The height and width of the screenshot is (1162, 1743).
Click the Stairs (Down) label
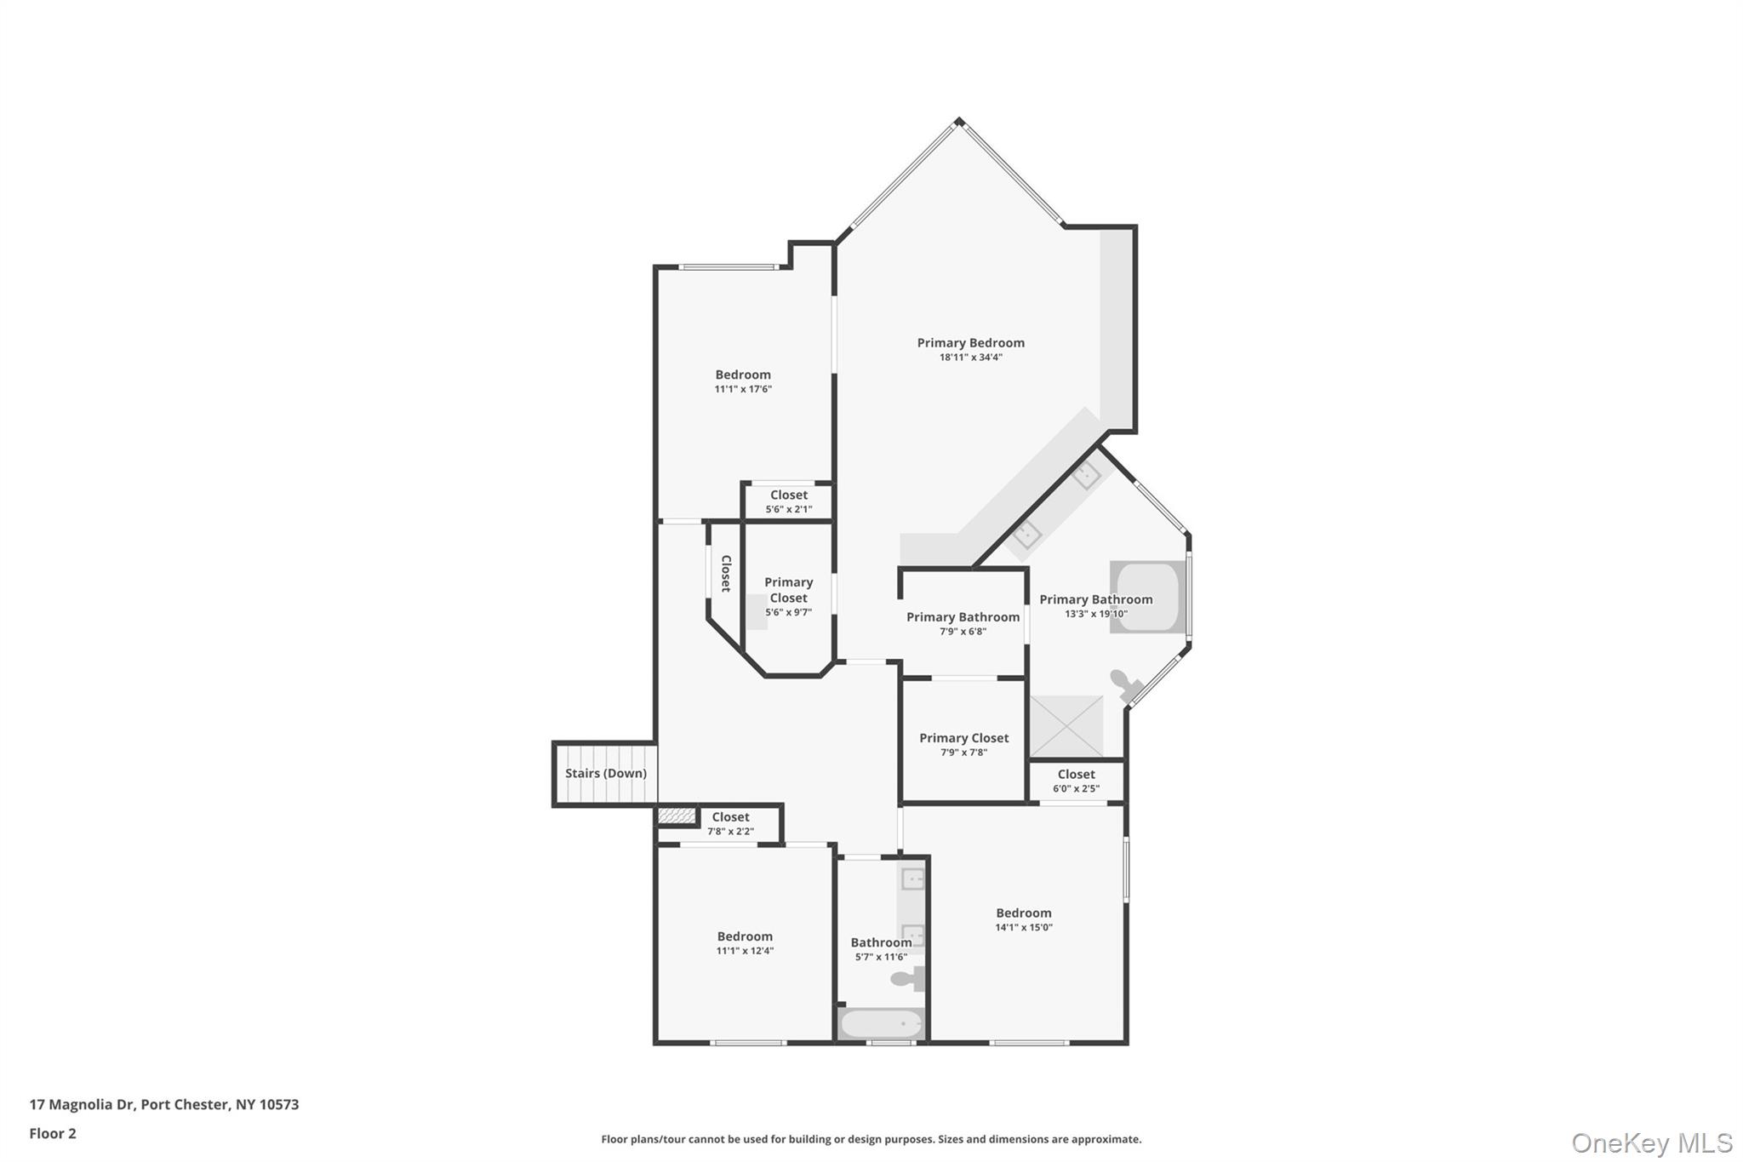(606, 773)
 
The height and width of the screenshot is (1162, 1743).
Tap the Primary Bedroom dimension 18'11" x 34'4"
(970, 358)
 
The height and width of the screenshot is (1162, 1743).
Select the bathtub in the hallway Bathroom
(881, 1023)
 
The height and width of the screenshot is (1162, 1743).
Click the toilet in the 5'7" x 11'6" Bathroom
(907, 979)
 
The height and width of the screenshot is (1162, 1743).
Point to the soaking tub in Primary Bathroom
(1146, 597)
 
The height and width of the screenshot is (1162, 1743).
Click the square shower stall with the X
(1066, 726)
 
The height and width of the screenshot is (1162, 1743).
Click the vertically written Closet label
(726, 573)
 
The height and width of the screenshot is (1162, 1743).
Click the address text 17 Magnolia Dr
(82, 1104)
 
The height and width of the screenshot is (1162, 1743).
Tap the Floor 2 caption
(53, 1133)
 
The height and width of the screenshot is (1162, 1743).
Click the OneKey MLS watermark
(1651, 1142)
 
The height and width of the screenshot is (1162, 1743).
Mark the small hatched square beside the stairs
(677, 816)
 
